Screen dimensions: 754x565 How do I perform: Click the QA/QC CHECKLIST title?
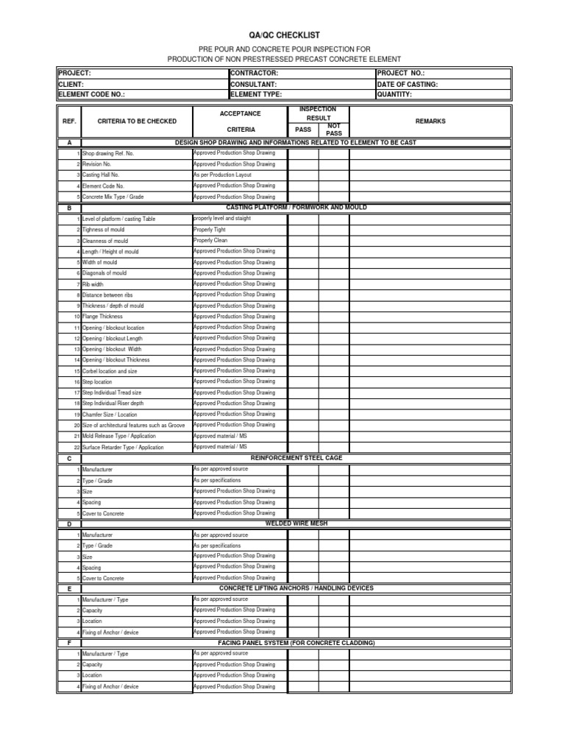pyautogui.click(x=283, y=35)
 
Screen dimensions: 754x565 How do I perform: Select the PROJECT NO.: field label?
pyautogui.click(x=401, y=74)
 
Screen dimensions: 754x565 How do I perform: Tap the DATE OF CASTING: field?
pyautogui.click(x=408, y=84)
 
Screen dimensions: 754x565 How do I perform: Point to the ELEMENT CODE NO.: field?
pyautogui.click(x=92, y=94)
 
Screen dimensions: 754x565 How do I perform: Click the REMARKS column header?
pyautogui.click(x=430, y=121)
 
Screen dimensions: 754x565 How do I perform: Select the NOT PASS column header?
pyautogui.click(x=334, y=130)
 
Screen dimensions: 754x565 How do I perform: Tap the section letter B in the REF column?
pyautogui.click(x=68, y=208)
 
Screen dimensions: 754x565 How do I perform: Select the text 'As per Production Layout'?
pyautogui.click(x=222, y=175)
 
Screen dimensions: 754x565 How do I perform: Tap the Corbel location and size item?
pyautogui.click(x=110, y=372)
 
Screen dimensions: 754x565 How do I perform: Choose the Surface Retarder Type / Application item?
pyautogui.click(x=123, y=448)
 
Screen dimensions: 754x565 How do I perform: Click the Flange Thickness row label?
pyautogui.click(x=102, y=317)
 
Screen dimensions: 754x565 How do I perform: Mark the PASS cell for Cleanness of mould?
pyautogui.click(x=302, y=241)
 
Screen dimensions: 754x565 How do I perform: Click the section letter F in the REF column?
pyautogui.click(x=68, y=643)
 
